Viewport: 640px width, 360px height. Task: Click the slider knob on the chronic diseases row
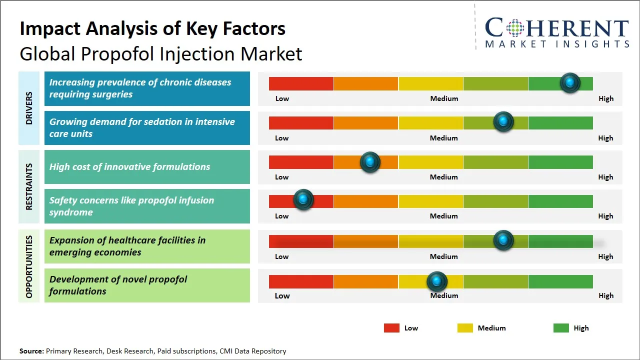click(x=570, y=83)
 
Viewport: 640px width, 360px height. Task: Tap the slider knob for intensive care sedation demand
click(x=503, y=122)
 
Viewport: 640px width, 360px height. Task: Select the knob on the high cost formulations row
click(x=370, y=162)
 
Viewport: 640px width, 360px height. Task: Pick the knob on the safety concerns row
click(x=303, y=200)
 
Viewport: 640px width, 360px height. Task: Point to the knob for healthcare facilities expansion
click(x=503, y=240)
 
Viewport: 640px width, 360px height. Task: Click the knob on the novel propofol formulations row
click(x=437, y=281)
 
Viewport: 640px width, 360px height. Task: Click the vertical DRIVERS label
click(x=29, y=108)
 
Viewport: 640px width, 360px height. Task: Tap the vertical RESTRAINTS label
click(x=29, y=186)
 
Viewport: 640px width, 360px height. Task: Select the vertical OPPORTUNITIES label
click(x=29, y=267)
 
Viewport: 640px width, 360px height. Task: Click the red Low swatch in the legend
click(x=391, y=328)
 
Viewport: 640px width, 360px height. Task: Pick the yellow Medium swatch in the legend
click(x=465, y=328)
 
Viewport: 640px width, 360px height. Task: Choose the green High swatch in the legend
click(x=561, y=328)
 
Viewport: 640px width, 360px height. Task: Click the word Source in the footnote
click(x=31, y=351)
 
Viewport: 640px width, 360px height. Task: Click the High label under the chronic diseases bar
click(x=605, y=98)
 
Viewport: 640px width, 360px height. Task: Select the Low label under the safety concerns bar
click(x=282, y=216)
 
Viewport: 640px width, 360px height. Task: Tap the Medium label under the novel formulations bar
click(x=444, y=295)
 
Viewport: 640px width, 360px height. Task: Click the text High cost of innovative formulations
click(x=129, y=167)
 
